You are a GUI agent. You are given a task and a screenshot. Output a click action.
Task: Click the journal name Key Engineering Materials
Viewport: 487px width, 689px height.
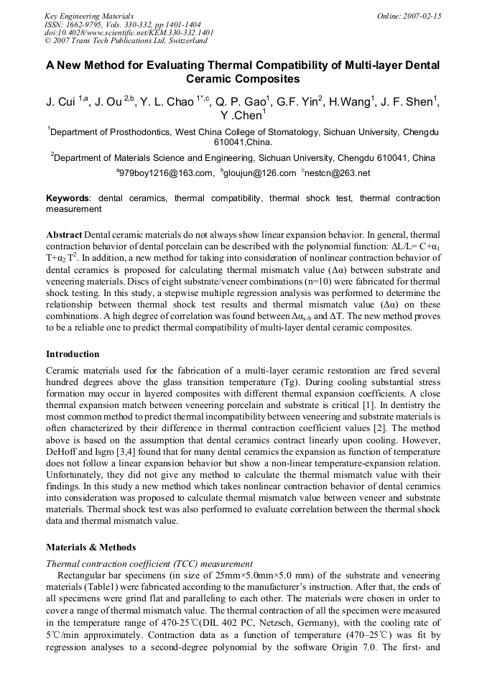pos(89,15)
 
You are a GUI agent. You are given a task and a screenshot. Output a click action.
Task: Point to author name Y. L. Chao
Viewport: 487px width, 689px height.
pos(170,101)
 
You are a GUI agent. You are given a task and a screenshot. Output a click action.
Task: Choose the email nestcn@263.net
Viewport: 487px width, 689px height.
pos(339,172)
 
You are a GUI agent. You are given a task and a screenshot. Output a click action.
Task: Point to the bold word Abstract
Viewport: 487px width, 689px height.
pos(64,235)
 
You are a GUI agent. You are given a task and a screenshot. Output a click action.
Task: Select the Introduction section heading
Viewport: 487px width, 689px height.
pos(73,354)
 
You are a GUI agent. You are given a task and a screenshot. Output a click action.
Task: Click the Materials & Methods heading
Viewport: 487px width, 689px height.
pos(88,547)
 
